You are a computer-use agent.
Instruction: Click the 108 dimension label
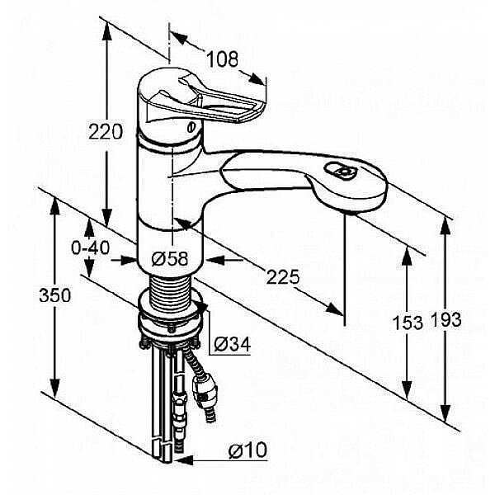(222, 59)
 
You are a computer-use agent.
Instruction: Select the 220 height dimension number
(106, 132)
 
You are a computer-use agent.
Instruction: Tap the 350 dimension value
(55, 296)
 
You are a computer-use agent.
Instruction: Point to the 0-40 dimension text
(91, 247)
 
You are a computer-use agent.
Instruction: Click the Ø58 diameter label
(170, 259)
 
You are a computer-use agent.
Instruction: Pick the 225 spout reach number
(282, 277)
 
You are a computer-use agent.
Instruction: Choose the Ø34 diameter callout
(233, 344)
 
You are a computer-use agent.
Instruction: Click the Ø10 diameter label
(247, 450)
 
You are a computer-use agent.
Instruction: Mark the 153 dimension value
(408, 323)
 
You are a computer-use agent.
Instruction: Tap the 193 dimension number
(445, 319)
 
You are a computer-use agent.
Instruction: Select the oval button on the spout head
(340, 171)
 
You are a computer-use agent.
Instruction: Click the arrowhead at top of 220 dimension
(106, 31)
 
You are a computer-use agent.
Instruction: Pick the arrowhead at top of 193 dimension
(445, 226)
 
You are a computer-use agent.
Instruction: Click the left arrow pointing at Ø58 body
(125, 260)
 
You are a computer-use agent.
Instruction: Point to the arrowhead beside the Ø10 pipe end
(183, 460)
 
